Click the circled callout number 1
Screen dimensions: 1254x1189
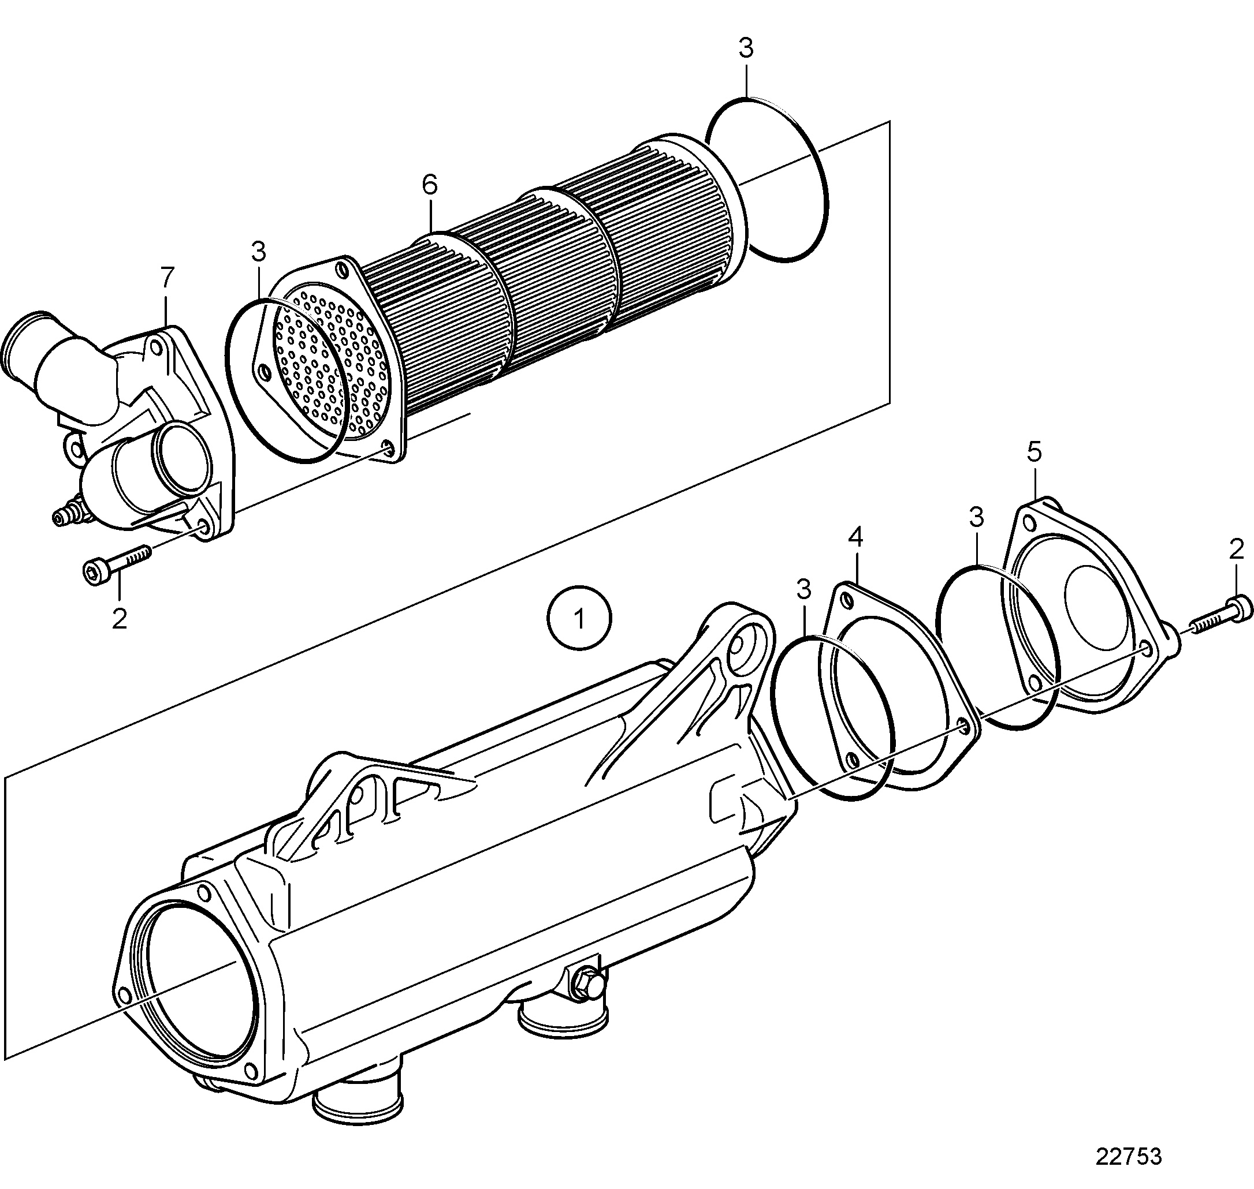[580, 619]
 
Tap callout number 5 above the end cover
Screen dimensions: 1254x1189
[1035, 452]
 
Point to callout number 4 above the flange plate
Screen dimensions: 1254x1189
[855, 537]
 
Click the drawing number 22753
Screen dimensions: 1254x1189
[1130, 1156]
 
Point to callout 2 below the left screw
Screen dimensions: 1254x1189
[119, 618]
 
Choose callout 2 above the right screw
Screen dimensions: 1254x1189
[1236, 549]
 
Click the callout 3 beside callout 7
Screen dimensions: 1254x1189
[258, 252]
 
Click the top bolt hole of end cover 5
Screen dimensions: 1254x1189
[1030, 524]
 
